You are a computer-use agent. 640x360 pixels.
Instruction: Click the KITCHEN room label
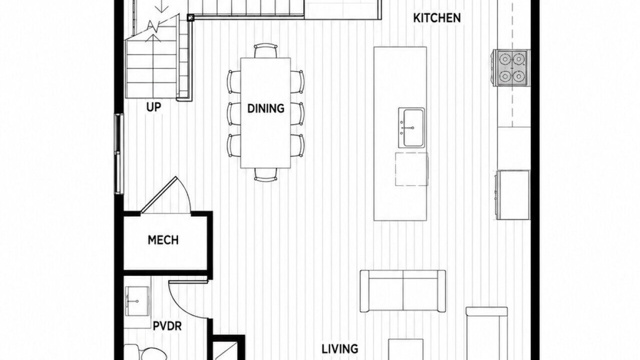point(437,18)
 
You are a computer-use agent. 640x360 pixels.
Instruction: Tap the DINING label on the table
point(265,108)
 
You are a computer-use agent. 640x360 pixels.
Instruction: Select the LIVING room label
point(339,349)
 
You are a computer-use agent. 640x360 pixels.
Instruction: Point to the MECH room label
point(163,240)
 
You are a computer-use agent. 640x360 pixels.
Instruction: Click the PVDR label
point(167,326)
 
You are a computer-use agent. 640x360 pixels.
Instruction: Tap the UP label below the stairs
point(153,107)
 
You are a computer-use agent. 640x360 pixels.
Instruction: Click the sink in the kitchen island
point(411,127)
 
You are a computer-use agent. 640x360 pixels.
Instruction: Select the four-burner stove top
point(511,67)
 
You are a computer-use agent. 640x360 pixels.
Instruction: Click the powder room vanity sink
point(137,301)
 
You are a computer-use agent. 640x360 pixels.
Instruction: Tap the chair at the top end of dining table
point(265,50)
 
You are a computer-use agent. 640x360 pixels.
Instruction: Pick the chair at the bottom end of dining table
point(265,174)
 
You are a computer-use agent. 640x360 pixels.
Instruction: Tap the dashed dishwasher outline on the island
point(411,169)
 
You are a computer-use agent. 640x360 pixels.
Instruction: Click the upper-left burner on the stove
point(505,59)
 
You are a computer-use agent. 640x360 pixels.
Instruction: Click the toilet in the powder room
point(145,353)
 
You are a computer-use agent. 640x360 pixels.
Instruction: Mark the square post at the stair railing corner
point(190,18)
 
